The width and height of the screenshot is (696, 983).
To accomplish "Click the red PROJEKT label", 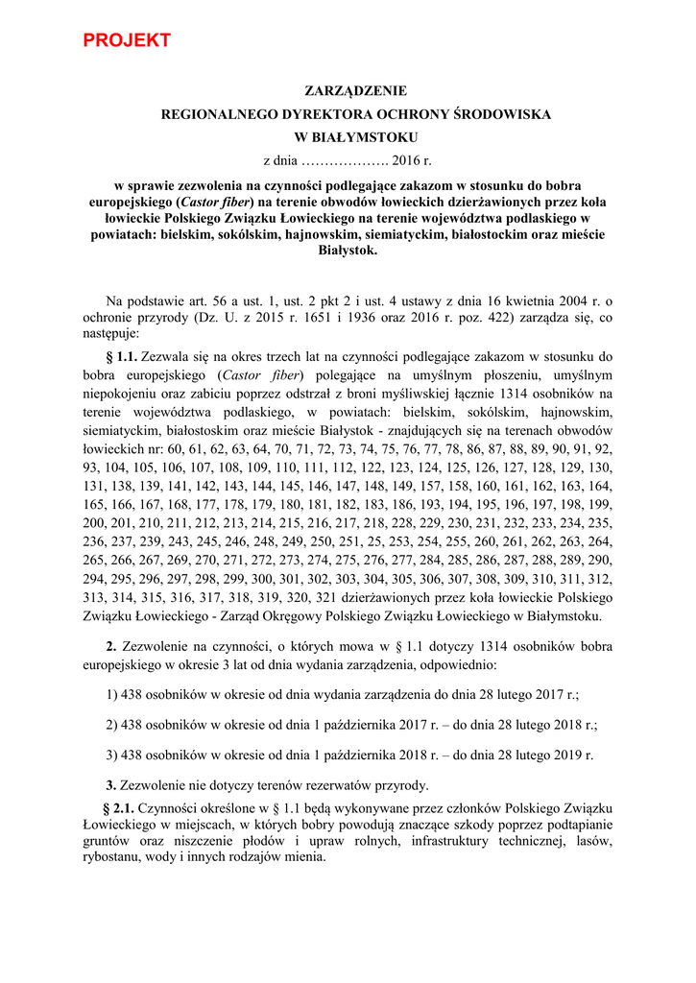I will pos(127,40).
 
